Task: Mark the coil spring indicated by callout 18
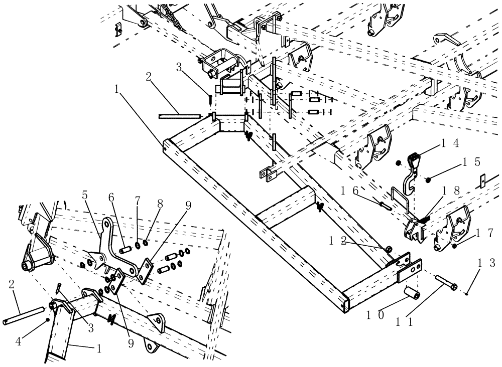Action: [424, 218]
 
